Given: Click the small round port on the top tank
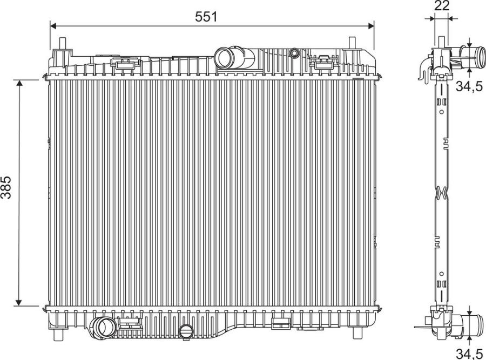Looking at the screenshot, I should click(294, 53).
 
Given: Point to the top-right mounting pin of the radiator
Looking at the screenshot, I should click(352, 43).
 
